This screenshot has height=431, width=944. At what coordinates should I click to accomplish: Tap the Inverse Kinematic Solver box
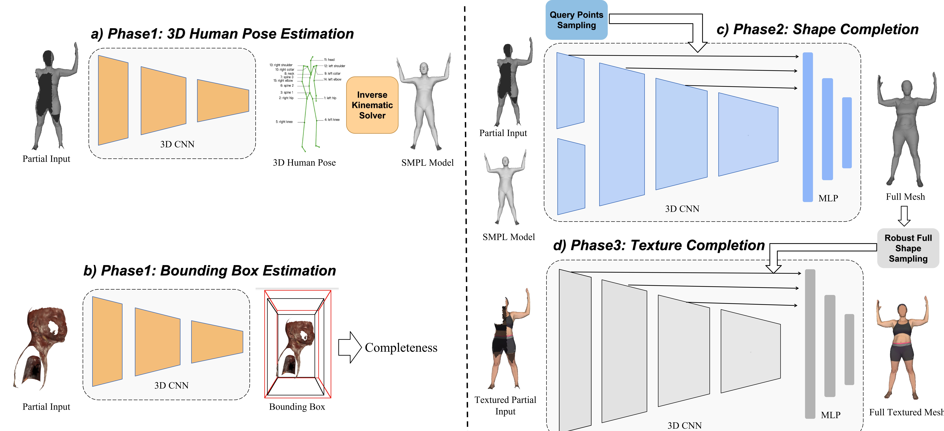point(372,105)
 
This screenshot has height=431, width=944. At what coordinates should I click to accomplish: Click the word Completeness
point(401,348)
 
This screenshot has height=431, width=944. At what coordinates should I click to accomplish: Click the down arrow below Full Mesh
point(904,216)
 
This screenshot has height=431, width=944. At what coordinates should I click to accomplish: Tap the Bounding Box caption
point(297,407)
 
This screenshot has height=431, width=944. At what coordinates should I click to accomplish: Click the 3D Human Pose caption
point(304,163)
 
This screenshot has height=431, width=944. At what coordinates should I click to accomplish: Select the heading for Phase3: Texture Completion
point(659,245)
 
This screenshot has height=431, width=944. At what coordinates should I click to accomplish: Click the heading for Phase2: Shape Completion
point(817,29)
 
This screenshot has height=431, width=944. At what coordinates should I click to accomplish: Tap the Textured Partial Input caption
point(505,405)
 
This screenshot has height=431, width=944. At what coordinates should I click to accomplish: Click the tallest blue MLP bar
point(808,127)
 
